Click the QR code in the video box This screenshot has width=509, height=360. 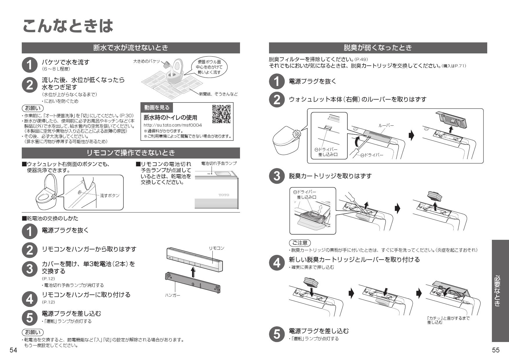tap(221, 114)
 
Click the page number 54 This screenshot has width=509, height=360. tap(13, 350)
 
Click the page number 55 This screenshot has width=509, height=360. tap(496, 350)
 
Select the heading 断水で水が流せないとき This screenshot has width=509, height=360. tap(131, 48)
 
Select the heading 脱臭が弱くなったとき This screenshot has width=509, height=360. tap(378, 48)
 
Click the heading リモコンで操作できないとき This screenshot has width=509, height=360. tap(131, 153)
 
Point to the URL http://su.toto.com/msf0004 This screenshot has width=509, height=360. tap(173, 125)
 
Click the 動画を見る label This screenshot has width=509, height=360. tap(157, 108)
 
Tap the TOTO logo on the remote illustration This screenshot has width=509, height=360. tap(224, 195)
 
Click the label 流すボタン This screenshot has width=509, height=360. tap(110, 195)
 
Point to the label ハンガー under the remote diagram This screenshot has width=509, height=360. tap(173, 295)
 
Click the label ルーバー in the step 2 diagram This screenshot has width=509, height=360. tap(386, 125)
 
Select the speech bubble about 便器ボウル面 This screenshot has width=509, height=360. tap(209, 67)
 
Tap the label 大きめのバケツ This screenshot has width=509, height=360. tap(147, 62)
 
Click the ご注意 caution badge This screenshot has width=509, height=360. tap(300, 243)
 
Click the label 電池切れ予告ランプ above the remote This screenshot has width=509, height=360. tap(219, 163)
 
